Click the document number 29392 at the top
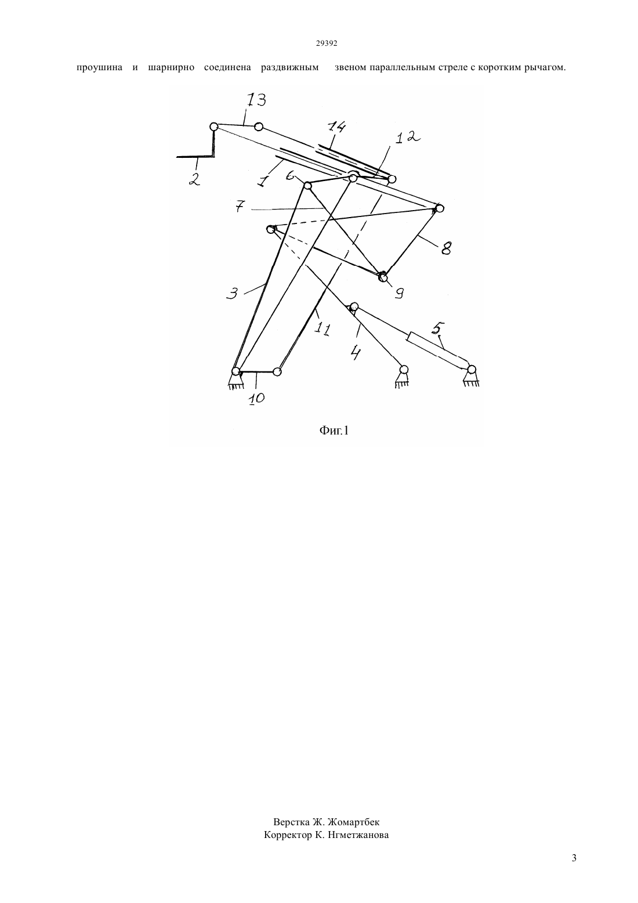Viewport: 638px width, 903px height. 326,44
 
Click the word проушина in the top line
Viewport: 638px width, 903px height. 100,67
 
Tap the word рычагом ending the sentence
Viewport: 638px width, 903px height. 545,67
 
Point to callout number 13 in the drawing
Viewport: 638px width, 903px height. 256,100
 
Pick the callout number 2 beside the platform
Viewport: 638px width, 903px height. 194,179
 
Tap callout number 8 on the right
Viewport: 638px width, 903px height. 445,248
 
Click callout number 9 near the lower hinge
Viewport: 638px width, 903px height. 399,294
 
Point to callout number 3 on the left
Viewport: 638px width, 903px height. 232,293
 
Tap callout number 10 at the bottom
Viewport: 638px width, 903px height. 256,399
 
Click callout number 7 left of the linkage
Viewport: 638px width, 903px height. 239,207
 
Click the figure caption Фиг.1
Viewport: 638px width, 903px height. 334,431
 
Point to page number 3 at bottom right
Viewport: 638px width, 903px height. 574,869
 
